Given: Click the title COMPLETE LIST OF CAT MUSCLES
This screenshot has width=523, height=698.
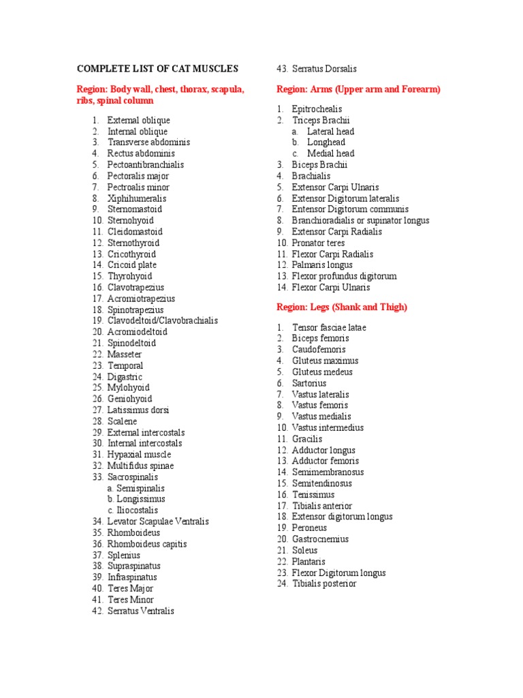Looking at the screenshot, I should click(x=157, y=69).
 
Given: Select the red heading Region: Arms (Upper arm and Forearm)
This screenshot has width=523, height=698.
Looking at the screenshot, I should click(x=358, y=89).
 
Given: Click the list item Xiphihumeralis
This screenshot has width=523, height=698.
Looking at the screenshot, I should click(x=136, y=198).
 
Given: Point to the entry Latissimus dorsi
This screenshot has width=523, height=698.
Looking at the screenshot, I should click(x=138, y=410).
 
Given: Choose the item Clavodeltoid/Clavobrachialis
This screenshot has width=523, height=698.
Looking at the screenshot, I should click(x=162, y=320).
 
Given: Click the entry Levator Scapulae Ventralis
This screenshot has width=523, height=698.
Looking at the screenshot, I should click(x=158, y=521).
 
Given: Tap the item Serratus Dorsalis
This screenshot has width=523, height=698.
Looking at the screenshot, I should click(x=324, y=69).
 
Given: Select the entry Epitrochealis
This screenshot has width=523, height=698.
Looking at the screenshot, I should click(x=317, y=109).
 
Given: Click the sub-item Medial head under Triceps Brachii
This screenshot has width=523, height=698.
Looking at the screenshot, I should click(x=330, y=153).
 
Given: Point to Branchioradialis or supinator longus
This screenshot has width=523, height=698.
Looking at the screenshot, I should click(x=360, y=221).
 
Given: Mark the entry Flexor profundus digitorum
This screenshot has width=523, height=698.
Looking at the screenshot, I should click(x=344, y=276).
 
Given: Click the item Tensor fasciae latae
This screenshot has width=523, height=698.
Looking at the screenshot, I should click(x=329, y=327).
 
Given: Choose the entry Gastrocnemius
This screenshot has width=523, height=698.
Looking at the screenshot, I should click(x=320, y=539).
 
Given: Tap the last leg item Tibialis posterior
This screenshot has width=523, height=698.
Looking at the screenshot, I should click(x=323, y=583).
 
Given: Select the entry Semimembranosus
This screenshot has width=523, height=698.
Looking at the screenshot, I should click(x=328, y=472).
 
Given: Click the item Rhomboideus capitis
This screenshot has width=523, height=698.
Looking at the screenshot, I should click(x=146, y=544).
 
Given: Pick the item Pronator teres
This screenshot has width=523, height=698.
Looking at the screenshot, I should click(x=318, y=243).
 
